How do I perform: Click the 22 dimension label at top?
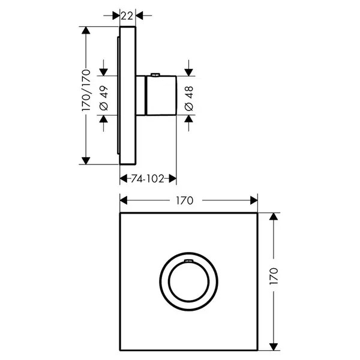tap(127, 16)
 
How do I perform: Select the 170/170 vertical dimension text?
tap(86, 90)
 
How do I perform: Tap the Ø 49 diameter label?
tap(104, 98)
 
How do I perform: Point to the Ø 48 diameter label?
tap(189, 98)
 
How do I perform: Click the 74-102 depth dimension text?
tap(148, 179)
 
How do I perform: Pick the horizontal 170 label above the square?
tap(185, 200)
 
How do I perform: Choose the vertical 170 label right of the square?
tap(274, 276)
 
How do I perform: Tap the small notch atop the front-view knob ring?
tap(188, 260)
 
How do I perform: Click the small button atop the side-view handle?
tap(155, 74)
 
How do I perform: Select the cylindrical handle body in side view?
tap(161, 95)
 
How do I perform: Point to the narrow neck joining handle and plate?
tap(141, 95)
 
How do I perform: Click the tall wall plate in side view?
tap(128, 95)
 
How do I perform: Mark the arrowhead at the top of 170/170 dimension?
tap(86, 31)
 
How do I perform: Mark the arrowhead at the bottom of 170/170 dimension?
tap(86, 161)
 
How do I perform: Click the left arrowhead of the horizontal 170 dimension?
tap(124, 200)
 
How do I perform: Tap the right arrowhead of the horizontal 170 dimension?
tap(254, 200)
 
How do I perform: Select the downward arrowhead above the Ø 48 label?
tap(189, 73)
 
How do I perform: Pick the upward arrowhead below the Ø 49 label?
tap(104, 119)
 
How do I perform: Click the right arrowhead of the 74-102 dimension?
tap(173, 178)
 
